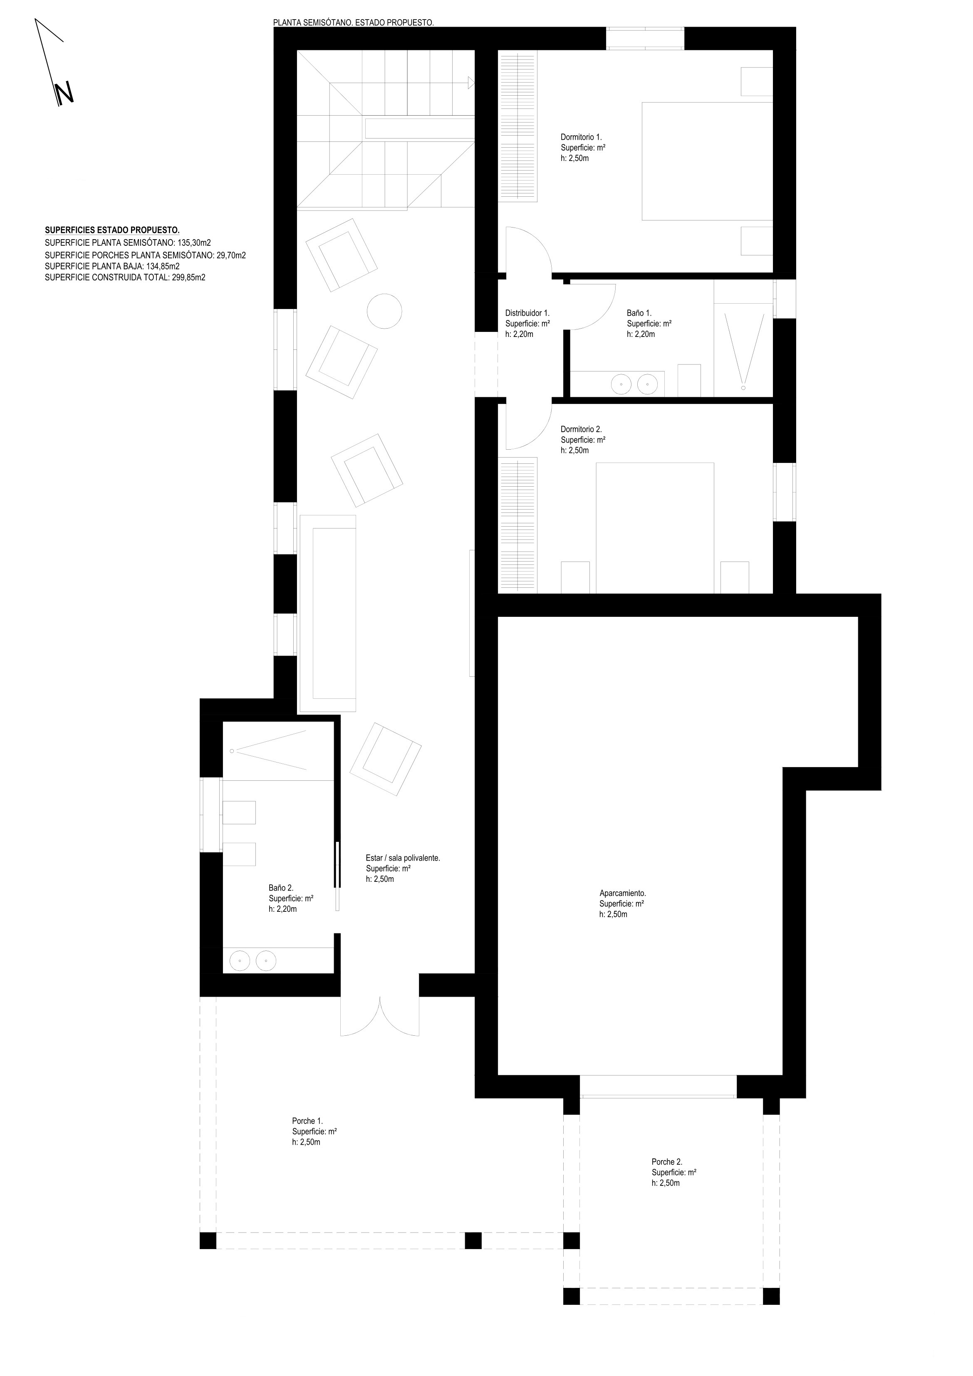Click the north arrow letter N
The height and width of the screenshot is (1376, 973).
coord(64,94)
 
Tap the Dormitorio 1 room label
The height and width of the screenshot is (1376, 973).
coord(581,137)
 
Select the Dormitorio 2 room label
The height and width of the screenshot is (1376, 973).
coord(581,429)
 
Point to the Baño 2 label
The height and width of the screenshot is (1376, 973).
coord(281,888)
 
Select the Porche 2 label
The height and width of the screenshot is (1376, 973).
coord(667,1161)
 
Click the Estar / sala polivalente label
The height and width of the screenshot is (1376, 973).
coord(403,858)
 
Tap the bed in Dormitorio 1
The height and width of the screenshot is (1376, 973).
coord(708,161)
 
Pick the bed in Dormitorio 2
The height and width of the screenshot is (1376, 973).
coord(655,528)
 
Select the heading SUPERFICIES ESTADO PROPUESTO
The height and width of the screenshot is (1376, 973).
coord(112,230)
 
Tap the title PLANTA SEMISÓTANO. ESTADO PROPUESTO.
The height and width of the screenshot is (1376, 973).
coord(353,23)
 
